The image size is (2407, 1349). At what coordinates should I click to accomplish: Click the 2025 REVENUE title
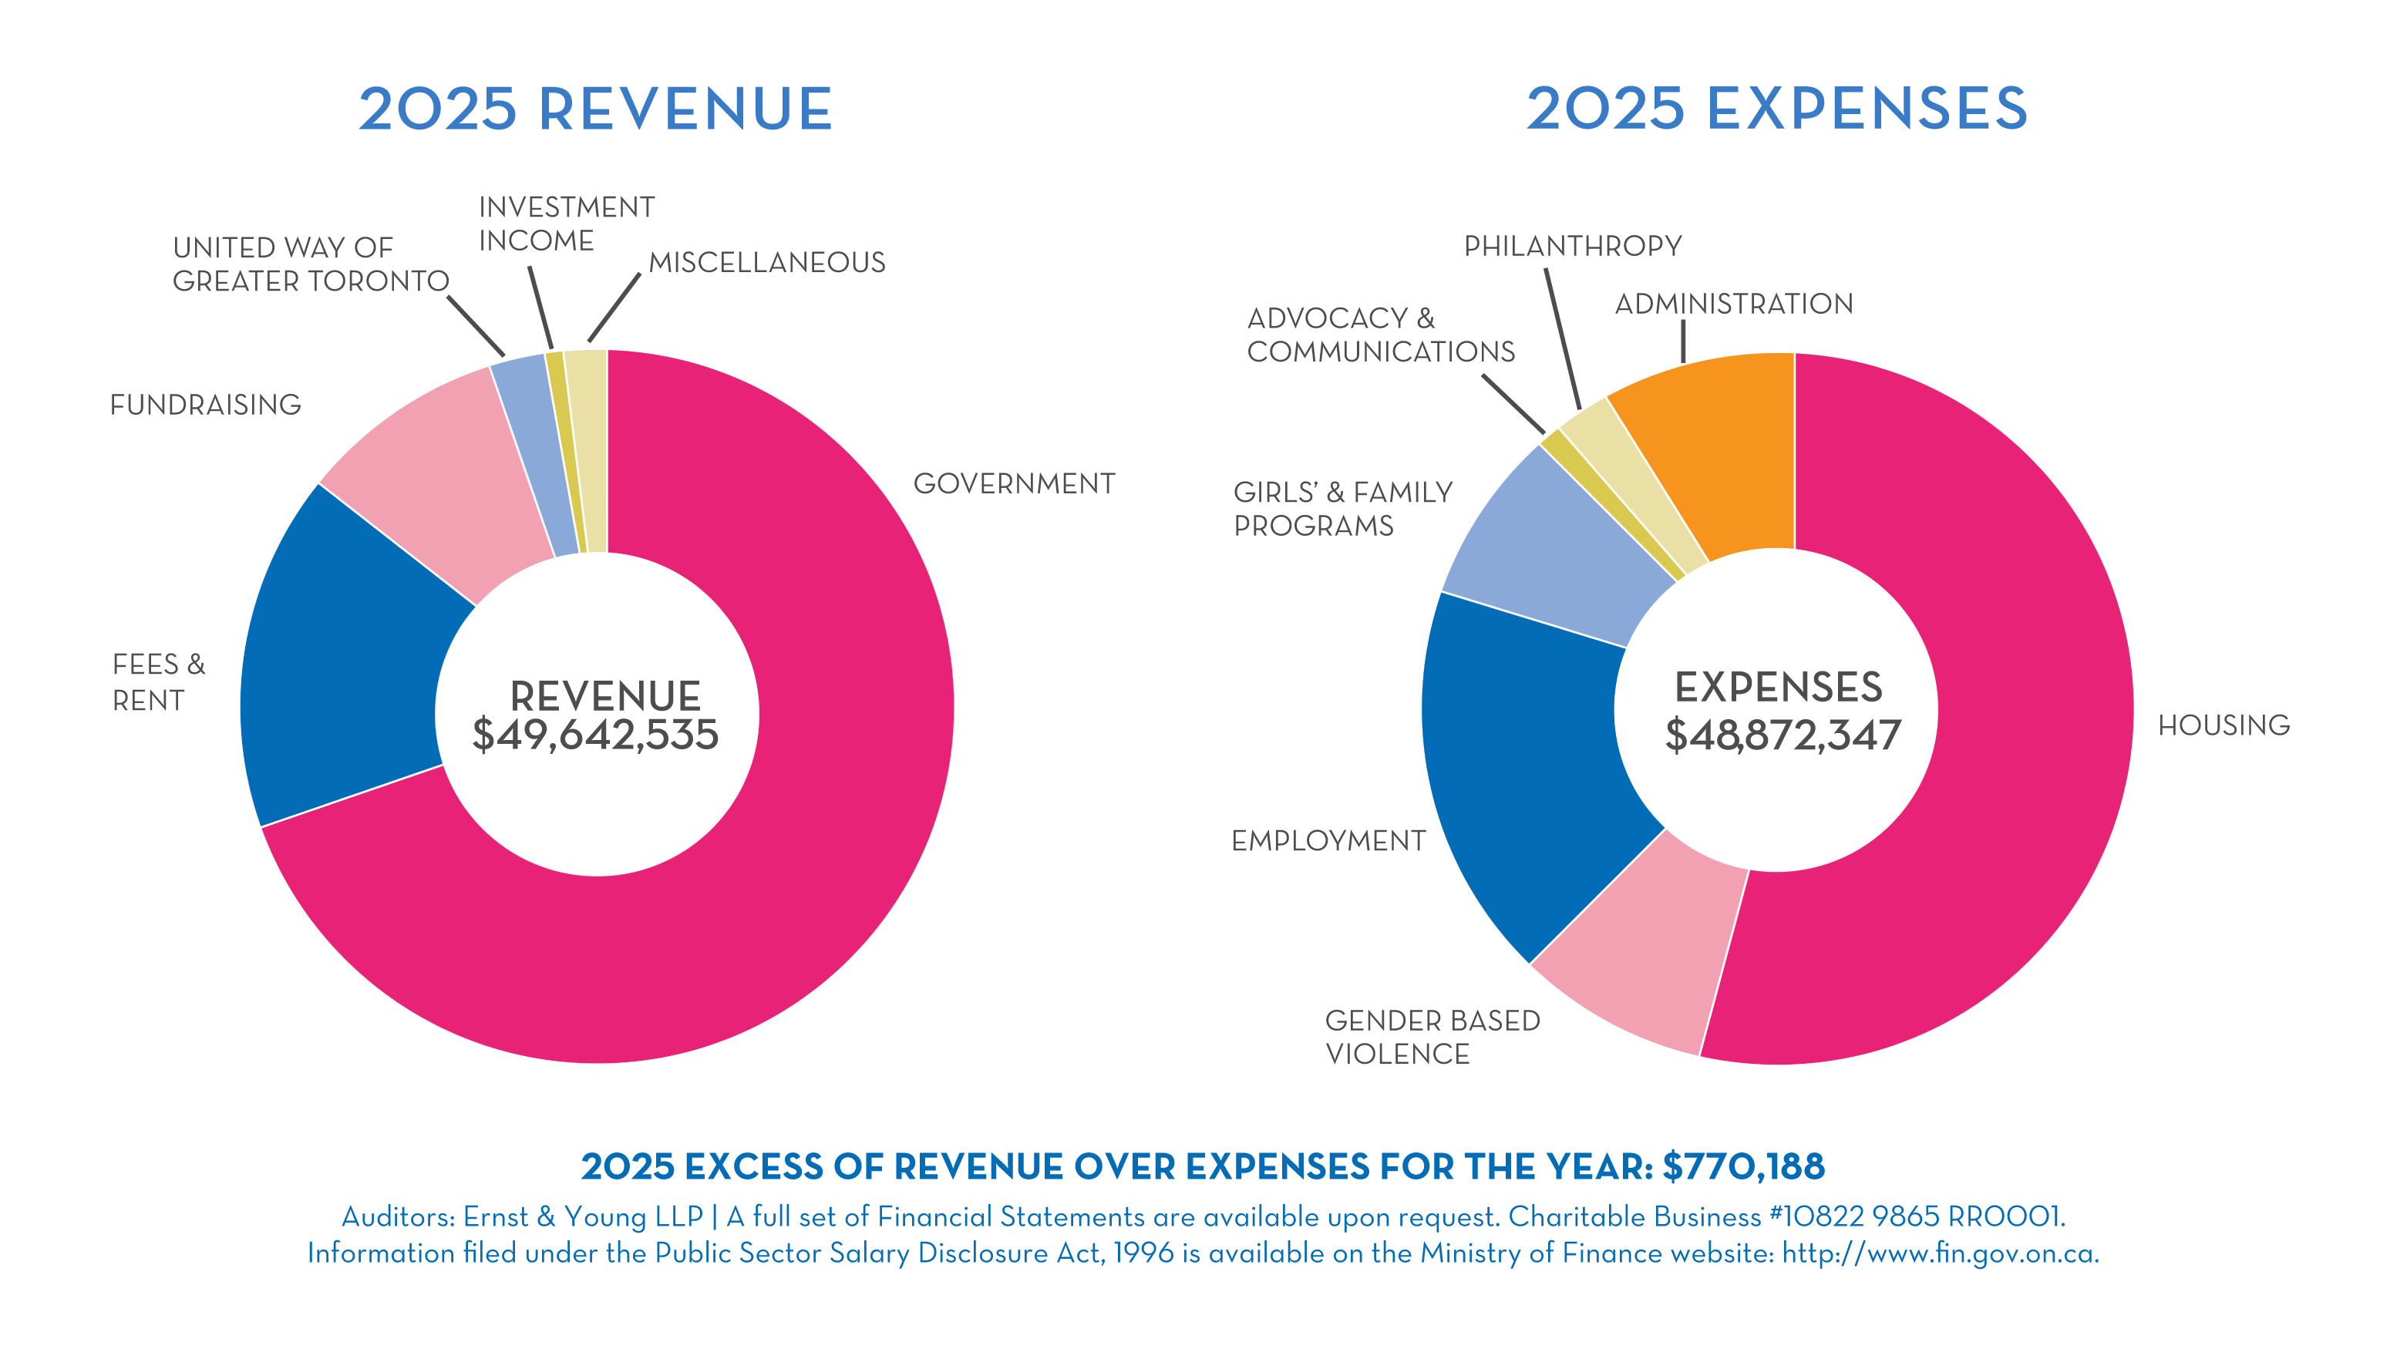click(x=595, y=109)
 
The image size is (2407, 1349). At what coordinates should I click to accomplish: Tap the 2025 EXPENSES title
click(x=1776, y=109)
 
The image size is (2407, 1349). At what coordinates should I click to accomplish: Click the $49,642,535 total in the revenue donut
click(x=595, y=735)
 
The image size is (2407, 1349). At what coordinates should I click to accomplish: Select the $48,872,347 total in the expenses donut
click(x=1782, y=735)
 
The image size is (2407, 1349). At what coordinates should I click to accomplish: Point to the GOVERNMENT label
click(x=1014, y=484)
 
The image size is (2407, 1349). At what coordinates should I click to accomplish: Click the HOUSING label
click(x=2224, y=725)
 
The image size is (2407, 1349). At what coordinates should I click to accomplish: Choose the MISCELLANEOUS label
click(x=767, y=263)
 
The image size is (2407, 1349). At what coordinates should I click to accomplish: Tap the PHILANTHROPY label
click(x=1573, y=246)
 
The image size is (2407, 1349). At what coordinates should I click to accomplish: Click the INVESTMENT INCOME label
click(x=566, y=224)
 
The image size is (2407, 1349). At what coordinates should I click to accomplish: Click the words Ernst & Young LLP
click(x=583, y=1216)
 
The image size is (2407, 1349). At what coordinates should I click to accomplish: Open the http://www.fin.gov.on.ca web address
click(x=1940, y=1253)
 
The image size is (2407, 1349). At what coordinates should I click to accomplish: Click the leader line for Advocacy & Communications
click(x=1513, y=404)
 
